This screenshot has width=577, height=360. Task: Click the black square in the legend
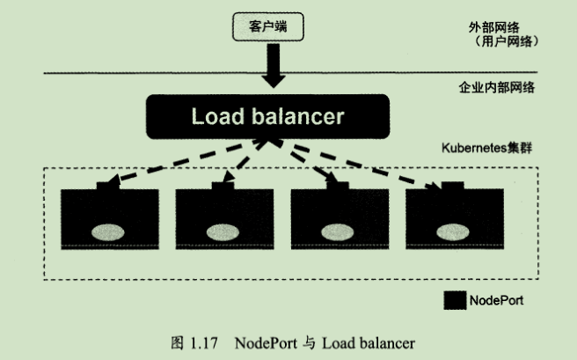point(454,300)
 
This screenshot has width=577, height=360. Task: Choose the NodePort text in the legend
point(496,300)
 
